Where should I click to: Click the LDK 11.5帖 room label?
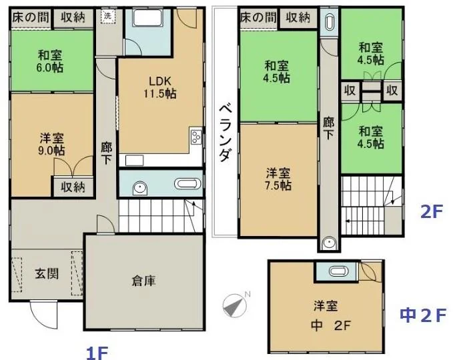coord(160,87)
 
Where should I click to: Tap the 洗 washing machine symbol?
coord(107,16)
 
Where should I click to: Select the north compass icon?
coord(235,305)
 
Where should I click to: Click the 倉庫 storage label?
coord(143,281)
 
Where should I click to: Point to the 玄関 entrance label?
coord(47,273)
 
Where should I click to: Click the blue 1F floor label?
coord(97,353)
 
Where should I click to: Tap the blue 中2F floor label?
coord(423,315)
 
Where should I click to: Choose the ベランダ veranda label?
coord(225,133)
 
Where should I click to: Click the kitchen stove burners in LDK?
coord(196,136)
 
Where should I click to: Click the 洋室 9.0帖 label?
coord(52,145)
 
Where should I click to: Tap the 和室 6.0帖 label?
coord(50,61)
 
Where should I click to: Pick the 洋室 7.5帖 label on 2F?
coord(278,179)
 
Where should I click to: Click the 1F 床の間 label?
coord(30,17)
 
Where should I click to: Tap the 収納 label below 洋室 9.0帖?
coord(73,187)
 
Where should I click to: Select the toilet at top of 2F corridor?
coord(329,22)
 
